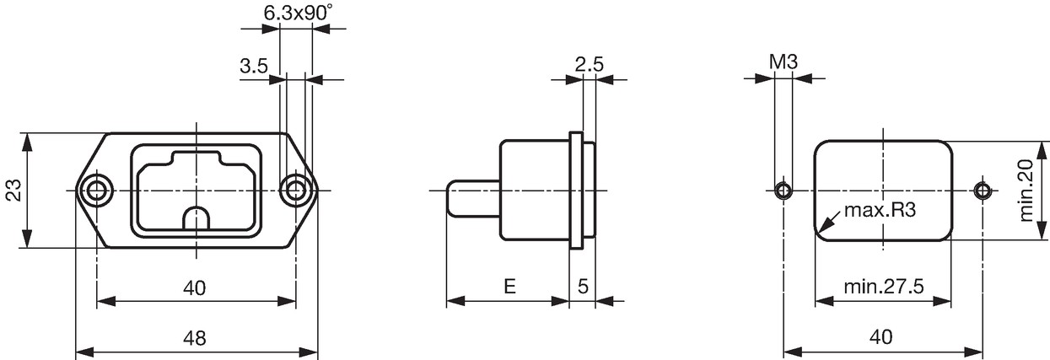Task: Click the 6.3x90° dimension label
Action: coord(298,13)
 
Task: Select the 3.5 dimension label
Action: coord(254,66)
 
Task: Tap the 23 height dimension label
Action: coord(13,190)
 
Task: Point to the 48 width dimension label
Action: coord(195,337)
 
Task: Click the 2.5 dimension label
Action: coord(590,64)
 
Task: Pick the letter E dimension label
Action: coord(509,286)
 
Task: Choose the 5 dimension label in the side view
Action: coord(583,286)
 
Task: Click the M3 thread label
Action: coord(783,62)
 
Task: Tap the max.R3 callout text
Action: coord(880,210)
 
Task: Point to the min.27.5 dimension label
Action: coord(884,286)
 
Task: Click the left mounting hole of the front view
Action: coord(96,191)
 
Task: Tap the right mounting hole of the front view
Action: coord(295,191)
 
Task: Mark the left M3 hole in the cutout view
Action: coord(783,191)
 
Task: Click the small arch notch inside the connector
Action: coord(196,218)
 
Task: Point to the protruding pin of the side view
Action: coord(473,198)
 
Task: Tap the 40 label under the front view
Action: coord(195,287)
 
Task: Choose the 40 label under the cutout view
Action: coord(880,336)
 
